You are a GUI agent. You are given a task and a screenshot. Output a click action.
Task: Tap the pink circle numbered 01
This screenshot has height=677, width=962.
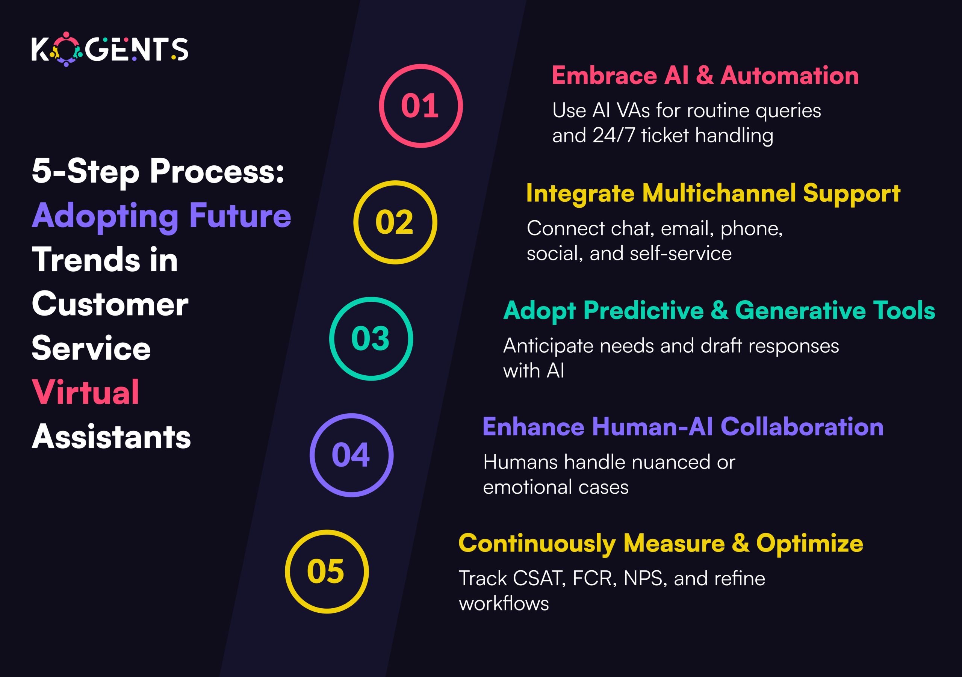pyautogui.click(x=420, y=106)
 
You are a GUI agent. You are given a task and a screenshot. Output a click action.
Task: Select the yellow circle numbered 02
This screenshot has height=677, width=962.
pyautogui.click(x=395, y=222)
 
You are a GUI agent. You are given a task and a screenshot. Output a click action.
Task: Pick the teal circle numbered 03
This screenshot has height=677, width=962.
pyautogui.click(x=371, y=338)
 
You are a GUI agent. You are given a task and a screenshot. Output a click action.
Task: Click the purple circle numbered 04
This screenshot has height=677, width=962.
pyautogui.click(x=351, y=455)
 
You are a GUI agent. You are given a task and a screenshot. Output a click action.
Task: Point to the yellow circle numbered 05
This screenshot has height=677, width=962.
pyautogui.click(x=327, y=571)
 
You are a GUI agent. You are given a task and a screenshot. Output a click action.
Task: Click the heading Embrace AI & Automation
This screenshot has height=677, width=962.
pyautogui.click(x=705, y=76)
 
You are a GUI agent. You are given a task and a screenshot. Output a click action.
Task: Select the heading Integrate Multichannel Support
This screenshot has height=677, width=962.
pyautogui.click(x=713, y=193)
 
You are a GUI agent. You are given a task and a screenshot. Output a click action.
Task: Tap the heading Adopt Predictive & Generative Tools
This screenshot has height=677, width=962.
pyautogui.click(x=719, y=310)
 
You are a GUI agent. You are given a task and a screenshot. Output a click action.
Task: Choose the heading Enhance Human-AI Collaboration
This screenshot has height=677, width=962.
pyautogui.click(x=683, y=427)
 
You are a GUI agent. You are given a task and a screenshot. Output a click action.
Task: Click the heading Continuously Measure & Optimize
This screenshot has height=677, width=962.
pyautogui.click(x=661, y=543)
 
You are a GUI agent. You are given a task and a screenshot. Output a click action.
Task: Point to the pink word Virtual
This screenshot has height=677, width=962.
pyautogui.click(x=85, y=392)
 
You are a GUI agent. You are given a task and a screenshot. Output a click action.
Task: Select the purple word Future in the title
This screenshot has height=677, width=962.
pyautogui.click(x=240, y=216)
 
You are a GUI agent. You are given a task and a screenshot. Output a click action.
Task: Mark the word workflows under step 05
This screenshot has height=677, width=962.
pyautogui.click(x=504, y=604)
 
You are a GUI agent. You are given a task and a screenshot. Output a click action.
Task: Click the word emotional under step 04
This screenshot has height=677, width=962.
pyautogui.click(x=526, y=487)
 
